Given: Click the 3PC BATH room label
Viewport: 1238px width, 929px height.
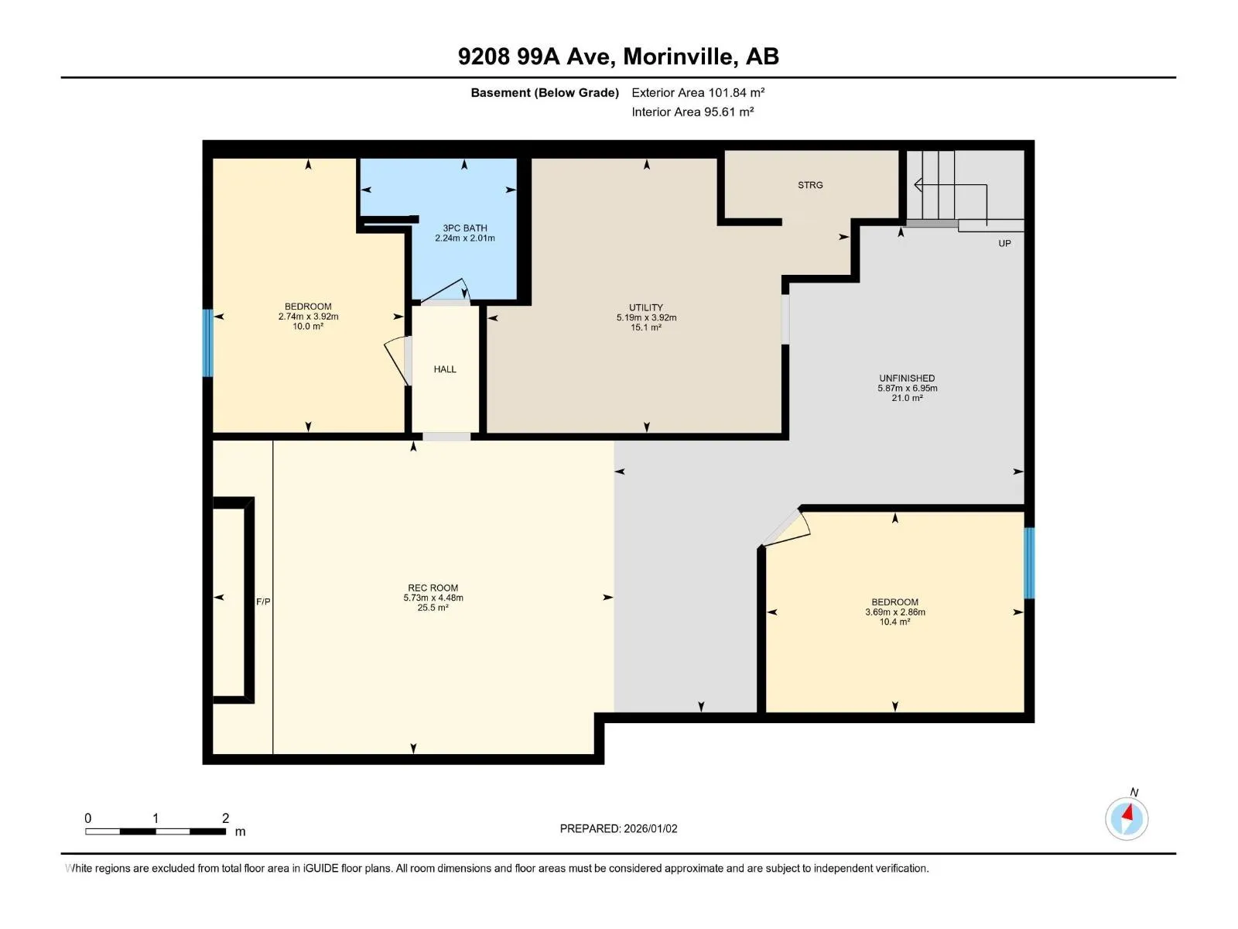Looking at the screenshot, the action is [x=464, y=228].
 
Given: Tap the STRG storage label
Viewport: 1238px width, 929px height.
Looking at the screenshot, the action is [x=810, y=185].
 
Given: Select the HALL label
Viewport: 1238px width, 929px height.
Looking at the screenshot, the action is [x=444, y=369].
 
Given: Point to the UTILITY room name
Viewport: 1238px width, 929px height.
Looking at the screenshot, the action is [x=646, y=307].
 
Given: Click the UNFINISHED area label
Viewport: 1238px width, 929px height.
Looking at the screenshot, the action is [x=906, y=378].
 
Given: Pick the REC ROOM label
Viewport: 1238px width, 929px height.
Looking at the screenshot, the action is [x=433, y=588].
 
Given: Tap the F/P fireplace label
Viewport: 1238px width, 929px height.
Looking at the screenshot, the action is [x=263, y=602].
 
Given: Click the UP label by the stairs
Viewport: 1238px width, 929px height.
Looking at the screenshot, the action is [x=1004, y=243].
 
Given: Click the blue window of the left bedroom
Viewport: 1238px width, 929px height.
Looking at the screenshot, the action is [x=207, y=343].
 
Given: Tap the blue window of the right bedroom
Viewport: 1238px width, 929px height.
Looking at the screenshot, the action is [x=1029, y=563].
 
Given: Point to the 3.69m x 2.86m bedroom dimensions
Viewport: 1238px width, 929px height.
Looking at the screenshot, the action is [x=894, y=612].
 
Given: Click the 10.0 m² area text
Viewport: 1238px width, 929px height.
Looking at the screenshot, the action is [x=307, y=327].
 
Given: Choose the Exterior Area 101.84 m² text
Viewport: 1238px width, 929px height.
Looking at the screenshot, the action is [x=698, y=92].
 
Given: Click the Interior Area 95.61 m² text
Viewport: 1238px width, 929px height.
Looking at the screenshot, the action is [x=692, y=111].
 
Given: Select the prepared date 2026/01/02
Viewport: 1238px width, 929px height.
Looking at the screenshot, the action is [x=650, y=828].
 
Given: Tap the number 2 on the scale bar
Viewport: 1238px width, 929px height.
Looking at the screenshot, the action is [x=225, y=818].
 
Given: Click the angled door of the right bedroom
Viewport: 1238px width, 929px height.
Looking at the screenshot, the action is [x=786, y=529].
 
